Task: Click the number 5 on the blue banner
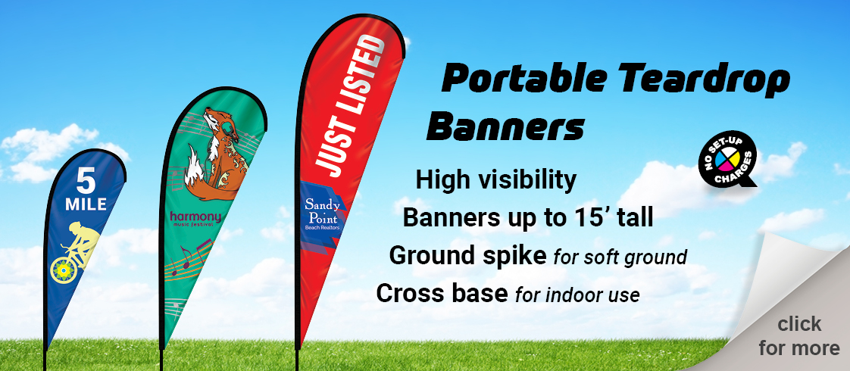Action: coord(86,181)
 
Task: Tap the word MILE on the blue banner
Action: coord(86,204)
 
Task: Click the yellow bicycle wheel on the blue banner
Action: coord(62,270)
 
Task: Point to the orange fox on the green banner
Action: coord(212,156)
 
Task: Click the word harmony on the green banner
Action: coord(195,217)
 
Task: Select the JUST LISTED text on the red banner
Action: coord(351,105)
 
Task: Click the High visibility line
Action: coord(495,180)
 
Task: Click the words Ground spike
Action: coord(467,256)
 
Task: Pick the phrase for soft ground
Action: coord(620,257)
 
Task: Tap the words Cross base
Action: coord(442,293)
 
